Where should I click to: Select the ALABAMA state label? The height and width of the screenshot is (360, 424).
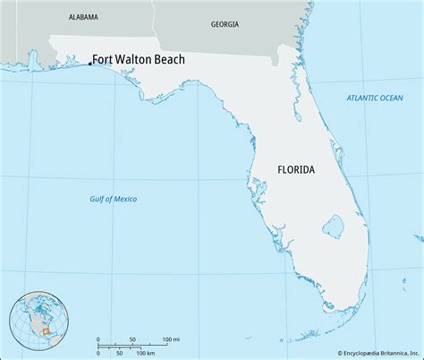[x=82, y=17]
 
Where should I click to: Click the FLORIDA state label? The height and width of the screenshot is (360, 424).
[x=295, y=167]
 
